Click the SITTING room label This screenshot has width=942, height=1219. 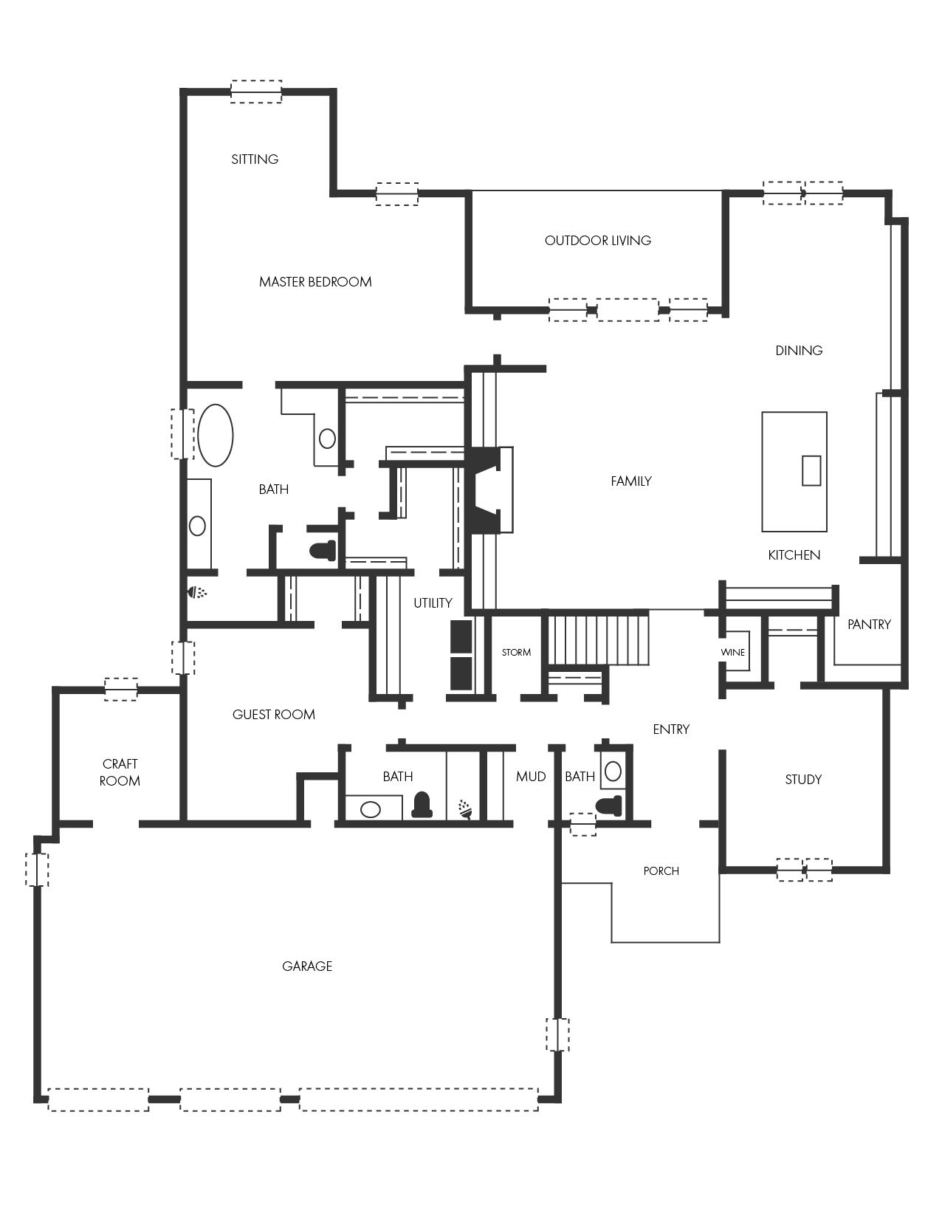(255, 159)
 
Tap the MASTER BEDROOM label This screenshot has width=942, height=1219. (315, 281)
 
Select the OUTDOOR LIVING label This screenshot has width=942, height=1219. (598, 241)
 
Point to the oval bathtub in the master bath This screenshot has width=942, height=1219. (216, 435)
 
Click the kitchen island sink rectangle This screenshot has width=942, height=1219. (811, 470)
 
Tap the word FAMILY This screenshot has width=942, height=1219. (630, 481)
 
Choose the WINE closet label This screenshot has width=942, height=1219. (733, 653)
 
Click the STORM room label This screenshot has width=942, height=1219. (516, 653)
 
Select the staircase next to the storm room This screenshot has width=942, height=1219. (598, 640)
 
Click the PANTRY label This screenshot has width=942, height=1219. (869, 625)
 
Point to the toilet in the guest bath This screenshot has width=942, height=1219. (422, 805)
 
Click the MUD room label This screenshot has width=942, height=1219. (531, 777)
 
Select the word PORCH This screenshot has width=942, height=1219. (661, 871)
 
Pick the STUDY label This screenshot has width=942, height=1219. (803, 779)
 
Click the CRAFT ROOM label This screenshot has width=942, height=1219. (120, 772)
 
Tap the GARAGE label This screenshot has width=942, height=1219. (307, 966)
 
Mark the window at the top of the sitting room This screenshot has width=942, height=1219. (256, 92)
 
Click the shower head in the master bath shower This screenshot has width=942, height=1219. (197, 592)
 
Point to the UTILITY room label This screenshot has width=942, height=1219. (433, 603)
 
